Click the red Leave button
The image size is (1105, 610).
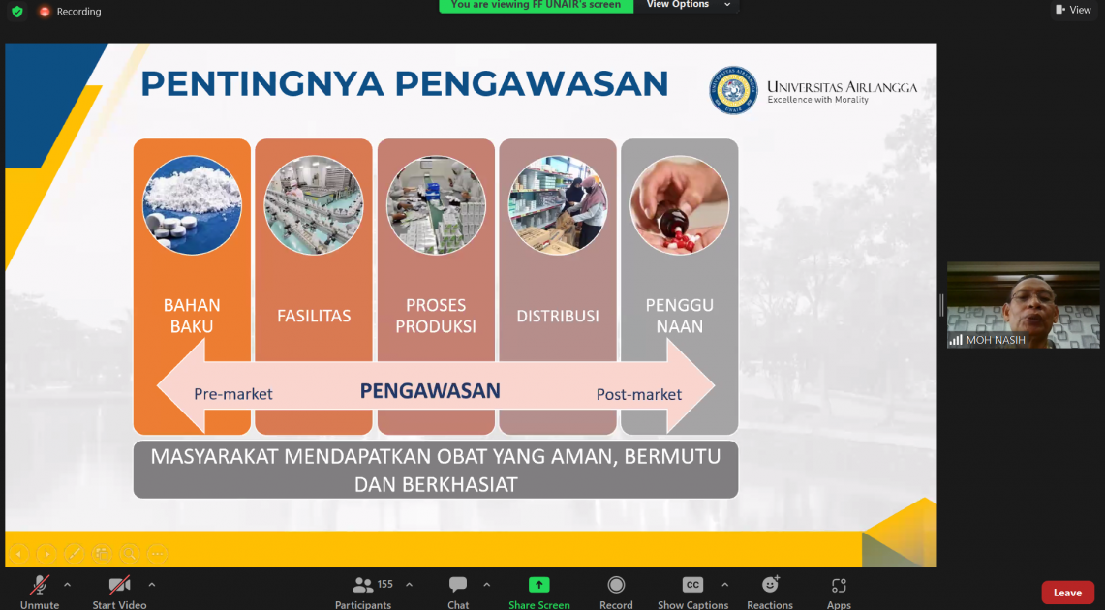click(1067, 593)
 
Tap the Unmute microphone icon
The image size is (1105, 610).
click(40, 585)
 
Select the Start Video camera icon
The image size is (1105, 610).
click(119, 585)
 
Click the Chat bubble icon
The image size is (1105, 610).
click(458, 585)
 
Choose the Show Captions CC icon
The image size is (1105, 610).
click(692, 585)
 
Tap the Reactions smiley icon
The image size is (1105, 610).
click(770, 585)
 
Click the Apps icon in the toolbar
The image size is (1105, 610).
click(839, 586)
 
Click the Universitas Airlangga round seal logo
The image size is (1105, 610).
click(734, 90)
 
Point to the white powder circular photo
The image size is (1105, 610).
click(192, 205)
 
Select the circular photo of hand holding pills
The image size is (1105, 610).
click(679, 205)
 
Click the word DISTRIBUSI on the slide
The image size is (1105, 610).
click(558, 317)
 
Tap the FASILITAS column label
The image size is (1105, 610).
click(314, 317)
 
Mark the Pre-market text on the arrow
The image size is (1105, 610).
click(233, 394)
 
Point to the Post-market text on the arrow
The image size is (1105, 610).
click(639, 394)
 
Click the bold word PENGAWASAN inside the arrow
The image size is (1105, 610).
click(430, 391)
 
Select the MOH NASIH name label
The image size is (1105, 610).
click(996, 340)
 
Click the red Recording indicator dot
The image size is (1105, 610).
click(45, 12)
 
